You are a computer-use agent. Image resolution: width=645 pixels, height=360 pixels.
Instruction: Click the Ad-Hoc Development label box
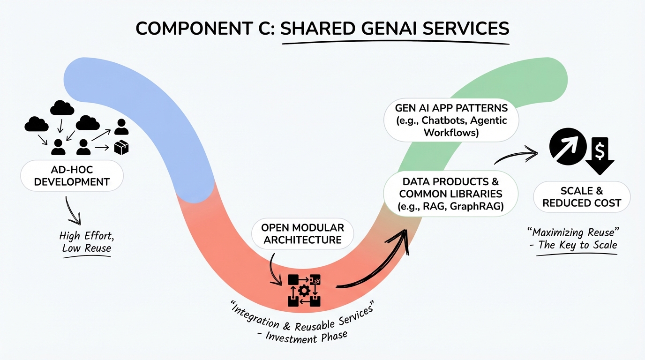(72, 175)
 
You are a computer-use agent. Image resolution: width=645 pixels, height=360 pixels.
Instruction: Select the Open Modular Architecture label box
(303, 233)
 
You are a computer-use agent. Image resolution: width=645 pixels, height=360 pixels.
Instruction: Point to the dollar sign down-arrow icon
(600, 155)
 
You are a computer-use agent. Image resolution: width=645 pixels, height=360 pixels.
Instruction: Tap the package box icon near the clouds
(121, 148)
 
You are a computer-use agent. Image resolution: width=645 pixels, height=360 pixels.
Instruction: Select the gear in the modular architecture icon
(304, 291)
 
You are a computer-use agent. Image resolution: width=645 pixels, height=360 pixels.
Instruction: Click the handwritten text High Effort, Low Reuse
(86, 241)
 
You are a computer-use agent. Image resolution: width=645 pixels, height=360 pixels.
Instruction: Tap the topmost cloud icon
(62, 108)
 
